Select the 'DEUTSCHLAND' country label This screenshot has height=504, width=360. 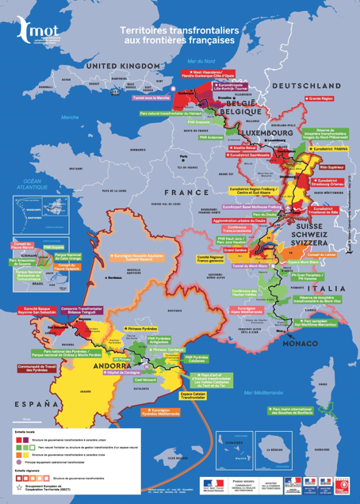click(299, 85)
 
